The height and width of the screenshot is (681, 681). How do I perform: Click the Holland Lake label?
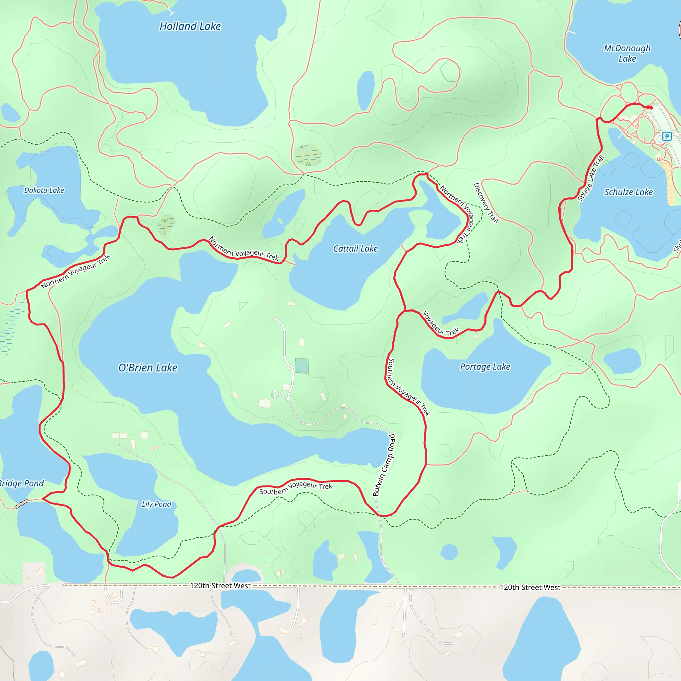[190, 27]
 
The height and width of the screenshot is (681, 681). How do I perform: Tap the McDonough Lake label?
[627, 53]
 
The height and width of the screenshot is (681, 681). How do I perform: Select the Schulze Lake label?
[628, 192]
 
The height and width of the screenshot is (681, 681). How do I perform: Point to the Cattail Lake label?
[355, 249]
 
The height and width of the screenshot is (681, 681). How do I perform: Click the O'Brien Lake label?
[148, 368]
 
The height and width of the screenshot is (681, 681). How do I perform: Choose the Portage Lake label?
[485, 367]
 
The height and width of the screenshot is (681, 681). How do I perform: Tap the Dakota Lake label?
[44, 190]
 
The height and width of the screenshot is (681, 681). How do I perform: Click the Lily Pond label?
[157, 504]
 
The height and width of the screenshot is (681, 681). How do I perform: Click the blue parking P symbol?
[667, 136]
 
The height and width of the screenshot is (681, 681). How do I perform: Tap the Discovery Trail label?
[486, 203]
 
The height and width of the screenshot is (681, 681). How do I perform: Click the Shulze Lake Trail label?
[591, 178]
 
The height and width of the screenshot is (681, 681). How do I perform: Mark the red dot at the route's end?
[651, 108]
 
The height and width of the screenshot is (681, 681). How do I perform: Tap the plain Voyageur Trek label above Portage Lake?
[441, 324]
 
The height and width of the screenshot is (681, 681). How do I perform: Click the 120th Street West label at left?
[220, 586]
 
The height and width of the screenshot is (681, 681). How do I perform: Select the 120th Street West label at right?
[530, 588]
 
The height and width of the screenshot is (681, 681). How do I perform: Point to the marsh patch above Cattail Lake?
[307, 155]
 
